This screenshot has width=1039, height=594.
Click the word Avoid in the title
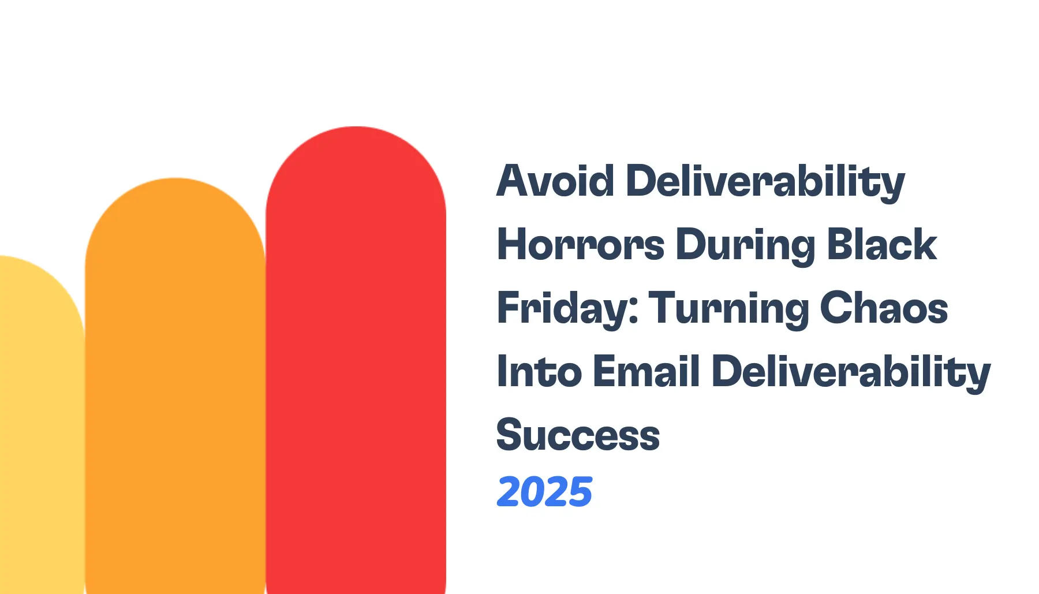(555, 181)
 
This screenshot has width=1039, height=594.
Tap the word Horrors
(580, 245)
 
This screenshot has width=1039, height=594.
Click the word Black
(881, 245)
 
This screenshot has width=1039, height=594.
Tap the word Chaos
(884, 308)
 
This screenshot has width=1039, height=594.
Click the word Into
(539, 372)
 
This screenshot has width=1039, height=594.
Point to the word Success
(578, 435)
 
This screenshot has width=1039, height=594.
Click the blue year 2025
(544, 492)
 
